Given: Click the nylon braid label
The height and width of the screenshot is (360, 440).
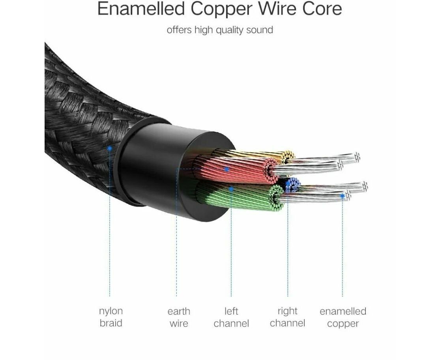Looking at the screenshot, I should click(x=111, y=317).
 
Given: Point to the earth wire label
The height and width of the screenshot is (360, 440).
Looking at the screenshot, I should click(x=179, y=317).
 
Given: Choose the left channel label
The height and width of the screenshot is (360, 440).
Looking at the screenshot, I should click(x=231, y=317).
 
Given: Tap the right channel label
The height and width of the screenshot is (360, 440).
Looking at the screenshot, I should click(x=288, y=317).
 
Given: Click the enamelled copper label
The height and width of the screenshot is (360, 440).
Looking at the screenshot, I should click(x=343, y=317).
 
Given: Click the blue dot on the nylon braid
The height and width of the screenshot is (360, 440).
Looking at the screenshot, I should click(x=110, y=148).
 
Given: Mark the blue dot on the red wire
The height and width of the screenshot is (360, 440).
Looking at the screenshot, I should click(x=227, y=169).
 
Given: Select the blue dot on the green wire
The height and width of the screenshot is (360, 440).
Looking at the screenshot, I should click(x=231, y=189).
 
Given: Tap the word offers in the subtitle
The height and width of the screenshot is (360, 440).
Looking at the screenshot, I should click(x=179, y=30).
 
